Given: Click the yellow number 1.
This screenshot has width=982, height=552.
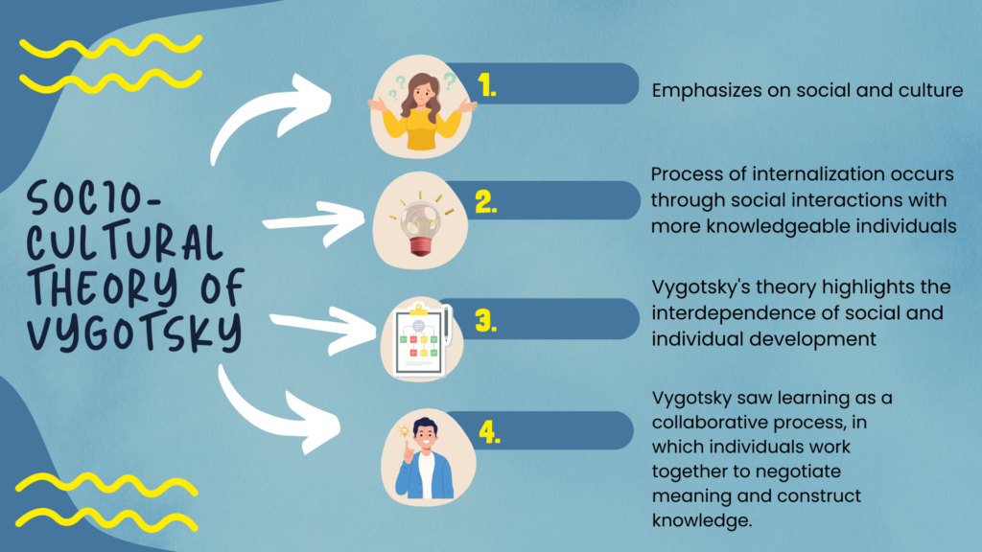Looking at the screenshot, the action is [x=486, y=85].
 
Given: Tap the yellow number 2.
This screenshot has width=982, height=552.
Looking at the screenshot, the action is [x=486, y=202].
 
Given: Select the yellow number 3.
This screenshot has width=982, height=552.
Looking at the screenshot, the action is [x=486, y=320].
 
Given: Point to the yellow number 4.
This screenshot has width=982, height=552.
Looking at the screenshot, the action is [x=490, y=432].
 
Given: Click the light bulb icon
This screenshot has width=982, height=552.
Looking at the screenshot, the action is [x=420, y=224].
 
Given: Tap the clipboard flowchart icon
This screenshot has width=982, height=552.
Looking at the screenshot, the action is [x=420, y=340].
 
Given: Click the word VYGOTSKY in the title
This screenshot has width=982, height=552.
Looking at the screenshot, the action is [x=134, y=331].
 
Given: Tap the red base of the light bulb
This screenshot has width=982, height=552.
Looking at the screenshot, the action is [x=420, y=246].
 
